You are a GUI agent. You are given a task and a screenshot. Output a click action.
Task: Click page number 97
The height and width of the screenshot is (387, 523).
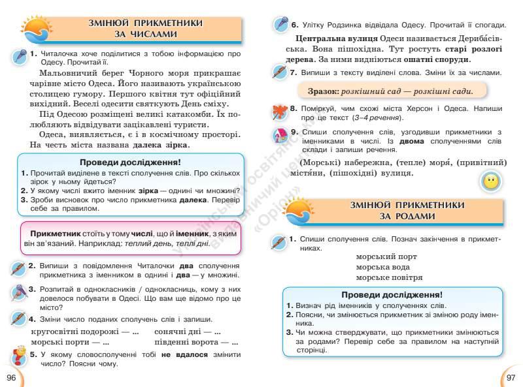[511, 378]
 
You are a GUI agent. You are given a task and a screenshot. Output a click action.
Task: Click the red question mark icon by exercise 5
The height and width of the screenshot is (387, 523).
[19, 358]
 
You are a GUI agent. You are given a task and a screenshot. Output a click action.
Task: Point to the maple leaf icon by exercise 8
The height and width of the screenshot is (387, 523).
[281, 112]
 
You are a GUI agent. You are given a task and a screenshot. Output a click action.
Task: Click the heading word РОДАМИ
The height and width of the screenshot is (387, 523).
[411, 216]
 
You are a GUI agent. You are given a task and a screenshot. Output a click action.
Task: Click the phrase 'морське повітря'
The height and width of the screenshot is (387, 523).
[389, 277]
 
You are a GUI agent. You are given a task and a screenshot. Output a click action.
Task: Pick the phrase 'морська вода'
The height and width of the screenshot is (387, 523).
[383, 268]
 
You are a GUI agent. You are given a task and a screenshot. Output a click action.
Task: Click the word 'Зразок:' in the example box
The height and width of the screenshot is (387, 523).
[320, 91]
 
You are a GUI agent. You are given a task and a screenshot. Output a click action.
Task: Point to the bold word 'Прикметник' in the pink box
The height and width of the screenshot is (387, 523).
[55, 233]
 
